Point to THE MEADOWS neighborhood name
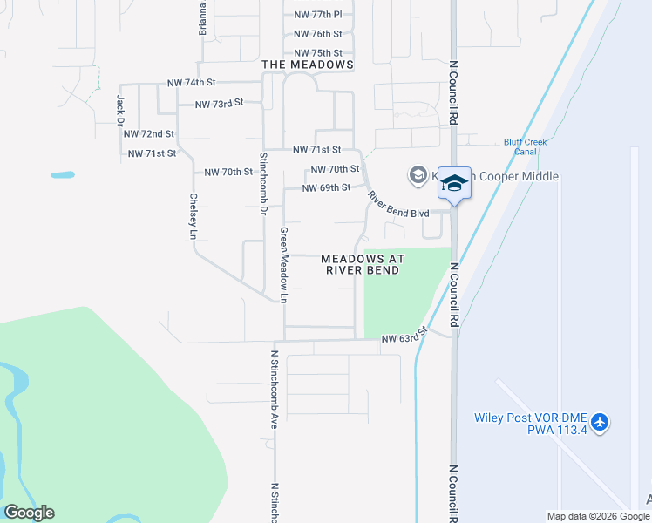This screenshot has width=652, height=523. [308, 65]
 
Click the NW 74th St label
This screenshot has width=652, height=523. [191, 83]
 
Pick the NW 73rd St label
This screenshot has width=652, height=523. [218, 104]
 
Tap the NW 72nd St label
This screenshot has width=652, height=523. [149, 134]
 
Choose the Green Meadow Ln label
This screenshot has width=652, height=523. [283, 265]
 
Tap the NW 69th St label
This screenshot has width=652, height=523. [326, 187]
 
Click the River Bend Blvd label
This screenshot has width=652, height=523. [397, 205]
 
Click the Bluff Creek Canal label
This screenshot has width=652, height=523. [526, 146]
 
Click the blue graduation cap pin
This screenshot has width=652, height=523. [454, 183]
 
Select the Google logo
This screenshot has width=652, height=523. [29, 513]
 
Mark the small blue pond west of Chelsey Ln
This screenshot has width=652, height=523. [63, 174]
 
